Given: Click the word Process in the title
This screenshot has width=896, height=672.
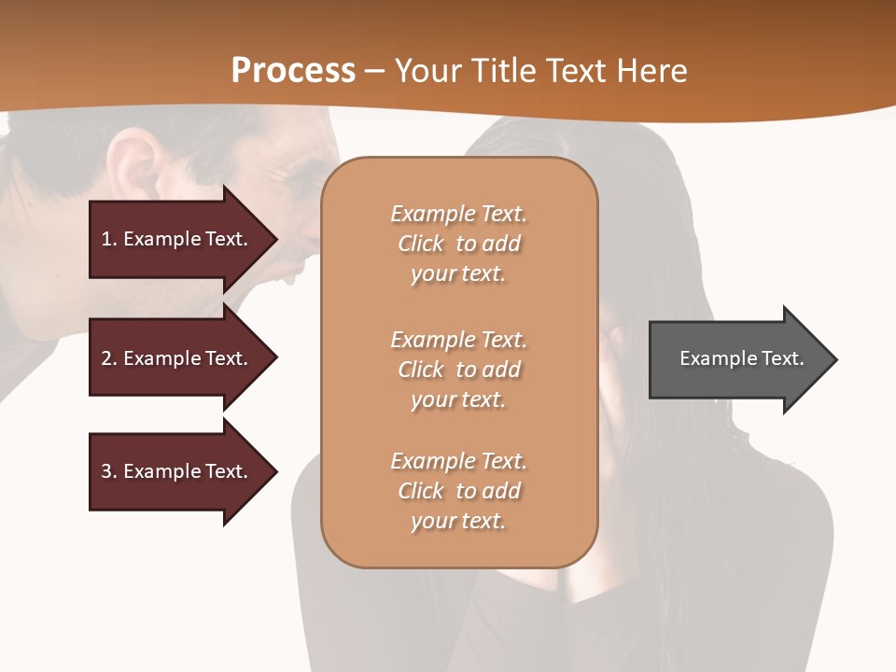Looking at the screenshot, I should click(x=293, y=71).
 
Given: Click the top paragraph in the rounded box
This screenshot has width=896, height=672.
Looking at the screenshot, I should click(x=458, y=244).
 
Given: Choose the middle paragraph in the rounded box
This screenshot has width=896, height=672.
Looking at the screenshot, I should click(x=458, y=369).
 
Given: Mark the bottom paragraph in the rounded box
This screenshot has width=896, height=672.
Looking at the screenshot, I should click(x=458, y=491).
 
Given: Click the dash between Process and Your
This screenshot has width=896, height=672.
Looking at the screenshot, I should click(x=374, y=72).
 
